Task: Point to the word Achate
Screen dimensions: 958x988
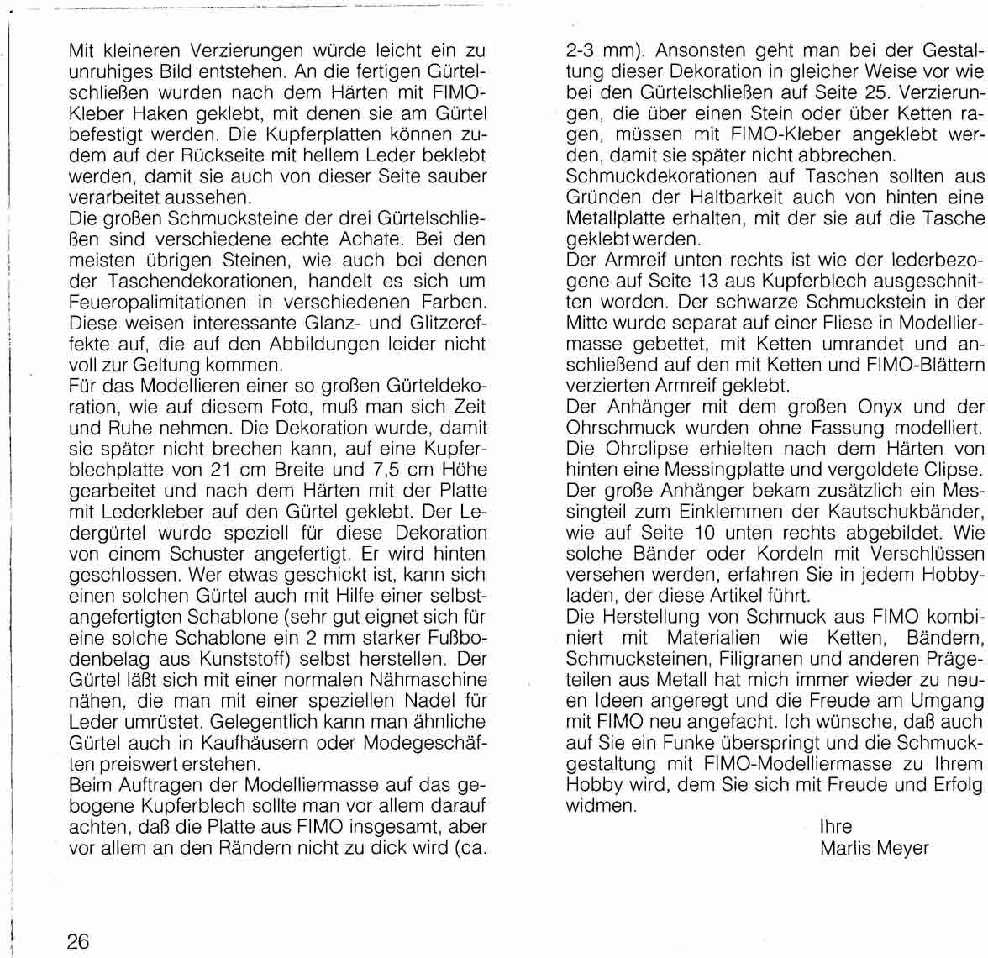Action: (x=361, y=238)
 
